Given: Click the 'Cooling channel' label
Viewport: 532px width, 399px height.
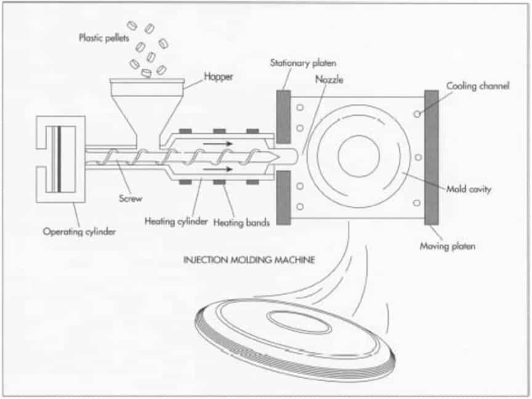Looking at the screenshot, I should point(478,87).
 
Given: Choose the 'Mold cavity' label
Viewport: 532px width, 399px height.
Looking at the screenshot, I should point(468,190).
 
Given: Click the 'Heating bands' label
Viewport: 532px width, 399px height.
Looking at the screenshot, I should point(241,222).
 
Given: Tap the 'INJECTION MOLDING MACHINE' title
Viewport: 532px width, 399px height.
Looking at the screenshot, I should point(249,260).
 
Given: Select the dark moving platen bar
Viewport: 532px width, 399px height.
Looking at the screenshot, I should point(432,157).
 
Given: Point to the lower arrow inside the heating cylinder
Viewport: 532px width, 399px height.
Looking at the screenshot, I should point(217,168).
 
